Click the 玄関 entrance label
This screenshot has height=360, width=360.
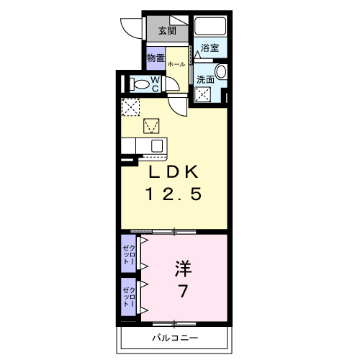tap(168, 30)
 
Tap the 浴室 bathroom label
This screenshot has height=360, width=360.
tap(210, 48)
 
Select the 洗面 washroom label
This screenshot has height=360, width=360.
tap(204, 79)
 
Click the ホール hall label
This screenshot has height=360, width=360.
tap(176, 64)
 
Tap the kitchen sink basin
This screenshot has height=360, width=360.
tap(156, 145)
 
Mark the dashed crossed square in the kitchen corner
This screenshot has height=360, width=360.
tap(130, 107)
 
